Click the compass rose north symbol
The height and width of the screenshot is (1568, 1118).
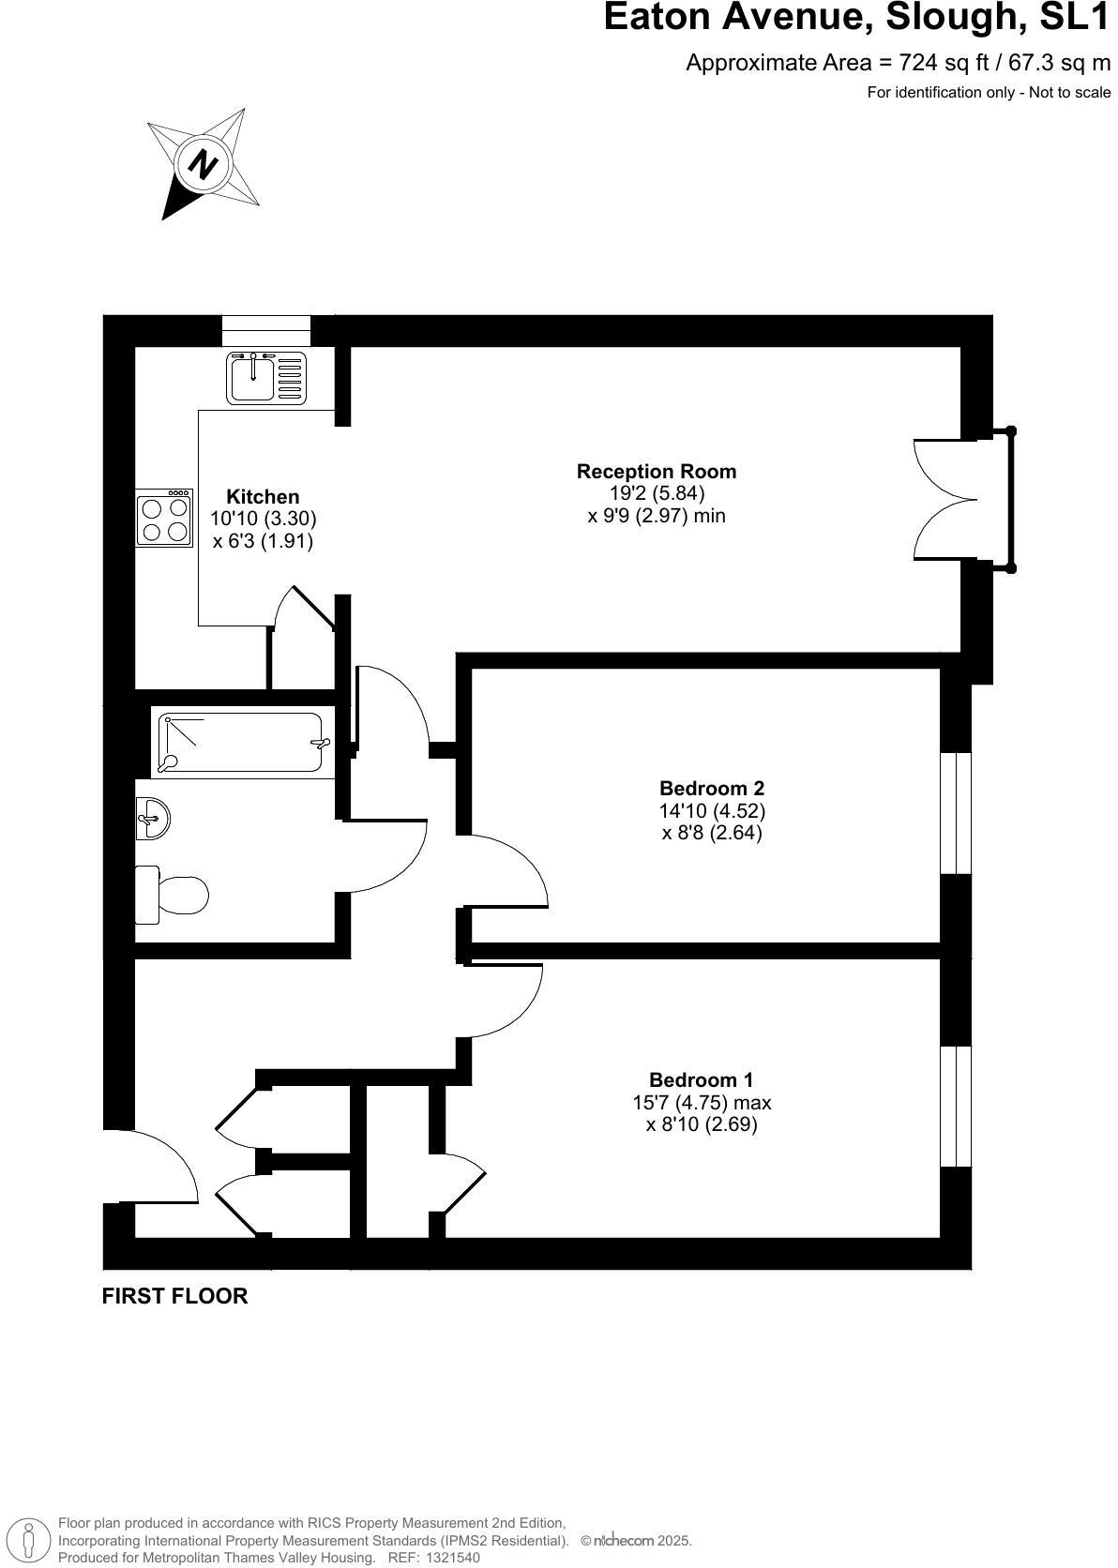pyautogui.click(x=203, y=163)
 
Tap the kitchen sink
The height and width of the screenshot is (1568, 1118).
pyautogui.click(x=266, y=377)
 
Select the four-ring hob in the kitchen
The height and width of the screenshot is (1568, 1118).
pyautogui.click(x=164, y=518)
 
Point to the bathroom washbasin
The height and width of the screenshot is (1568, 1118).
pyautogui.click(x=151, y=818)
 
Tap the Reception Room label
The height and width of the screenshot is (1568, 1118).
pyautogui.click(x=657, y=471)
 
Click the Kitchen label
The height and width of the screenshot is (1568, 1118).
pyautogui.click(x=263, y=496)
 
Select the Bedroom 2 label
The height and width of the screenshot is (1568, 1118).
pyautogui.click(x=712, y=788)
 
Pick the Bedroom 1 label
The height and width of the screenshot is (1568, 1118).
pyautogui.click(x=702, y=1079)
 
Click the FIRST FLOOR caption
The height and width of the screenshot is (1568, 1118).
pyautogui.click(x=174, y=1296)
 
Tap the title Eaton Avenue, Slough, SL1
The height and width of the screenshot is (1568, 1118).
pyautogui.click(x=856, y=18)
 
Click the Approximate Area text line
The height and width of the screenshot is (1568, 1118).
pyautogui.click(x=898, y=63)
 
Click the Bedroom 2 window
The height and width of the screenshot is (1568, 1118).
pyautogui.click(x=956, y=812)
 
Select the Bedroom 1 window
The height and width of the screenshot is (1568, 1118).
pyautogui.click(x=956, y=1107)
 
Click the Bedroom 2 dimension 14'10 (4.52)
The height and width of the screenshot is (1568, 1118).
pyautogui.click(x=712, y=810)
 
